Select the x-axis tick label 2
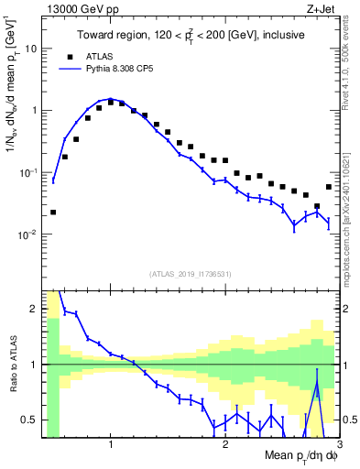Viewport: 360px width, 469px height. (225, 445)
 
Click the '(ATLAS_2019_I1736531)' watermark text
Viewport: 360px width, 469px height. (191, 274)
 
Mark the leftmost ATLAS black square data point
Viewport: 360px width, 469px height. (53, 212)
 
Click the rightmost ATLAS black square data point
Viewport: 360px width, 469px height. (329, 187)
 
